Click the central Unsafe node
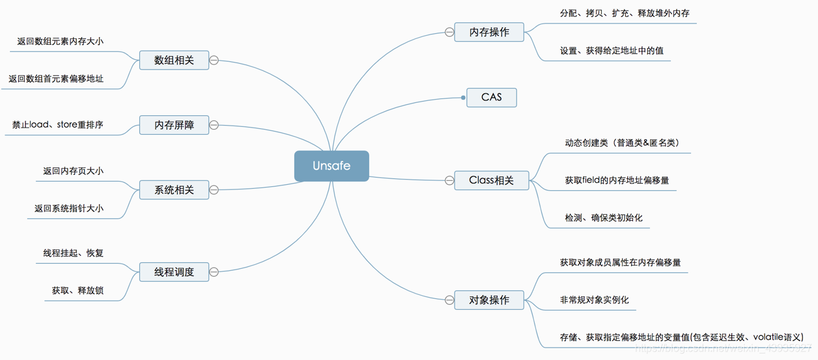331,166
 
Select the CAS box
492,98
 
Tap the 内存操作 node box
489,32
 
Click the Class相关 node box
491,180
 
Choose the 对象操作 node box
489,300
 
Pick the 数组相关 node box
174,61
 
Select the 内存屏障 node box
174,125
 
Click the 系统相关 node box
174,190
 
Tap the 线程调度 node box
174,272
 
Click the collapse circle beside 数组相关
214,61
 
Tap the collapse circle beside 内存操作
449,32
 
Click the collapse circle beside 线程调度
214,272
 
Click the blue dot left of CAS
463,98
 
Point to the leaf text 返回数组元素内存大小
60,42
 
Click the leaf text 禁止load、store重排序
57,124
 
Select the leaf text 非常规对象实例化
594,300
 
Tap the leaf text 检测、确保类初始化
603,217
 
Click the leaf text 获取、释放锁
78,290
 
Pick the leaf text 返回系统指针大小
68,208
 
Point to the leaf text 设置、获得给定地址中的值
612,51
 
